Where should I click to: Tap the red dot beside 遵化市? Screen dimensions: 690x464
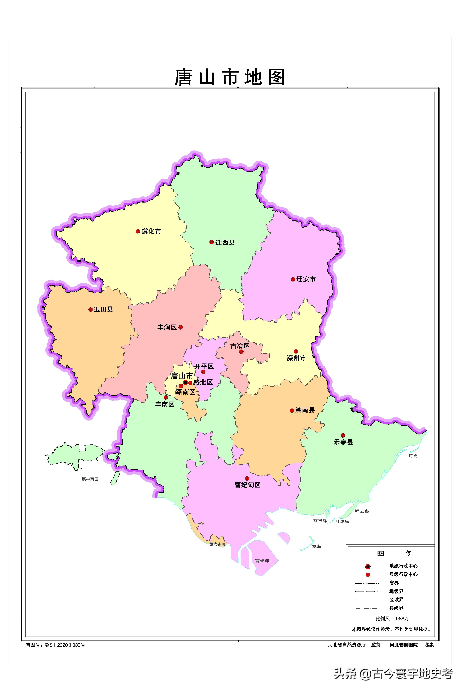138,231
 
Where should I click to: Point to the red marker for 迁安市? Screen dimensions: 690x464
293,279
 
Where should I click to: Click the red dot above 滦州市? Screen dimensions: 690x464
296,351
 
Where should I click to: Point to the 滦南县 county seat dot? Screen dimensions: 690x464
292,410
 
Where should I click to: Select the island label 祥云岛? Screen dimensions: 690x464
362,511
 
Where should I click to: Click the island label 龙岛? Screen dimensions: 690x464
316,546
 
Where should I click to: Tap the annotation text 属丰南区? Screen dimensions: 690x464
90,479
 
